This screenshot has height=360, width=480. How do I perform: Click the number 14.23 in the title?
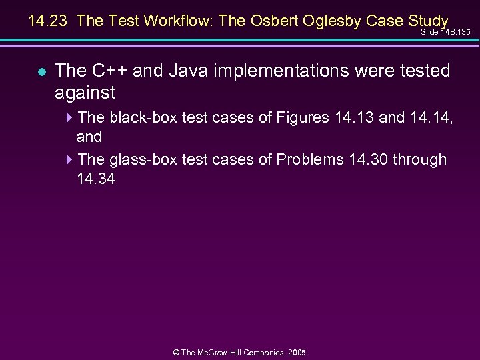pos(49,21)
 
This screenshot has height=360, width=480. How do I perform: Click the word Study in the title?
pos(427,21)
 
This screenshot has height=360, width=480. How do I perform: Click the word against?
pos(85,92)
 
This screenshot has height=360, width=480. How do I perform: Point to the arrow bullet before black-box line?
pos(71,118)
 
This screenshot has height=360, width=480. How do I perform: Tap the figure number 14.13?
pos(353,118)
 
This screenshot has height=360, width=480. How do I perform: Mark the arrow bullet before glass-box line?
pos(71,160)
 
